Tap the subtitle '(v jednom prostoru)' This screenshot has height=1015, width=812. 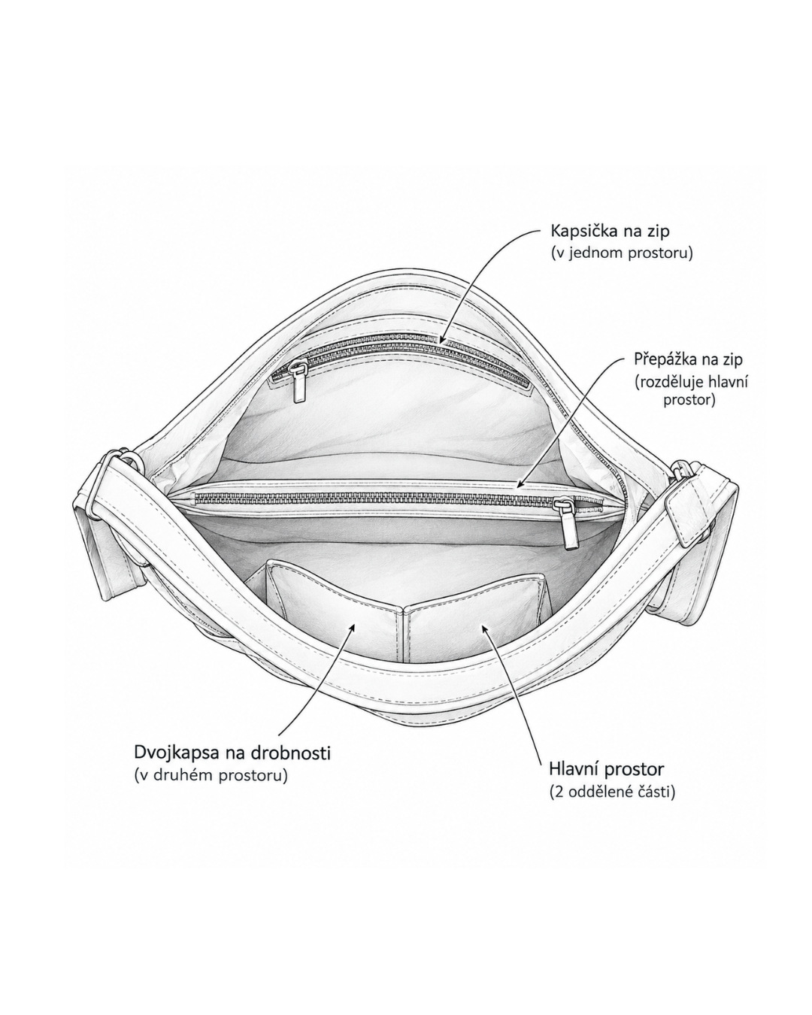tap(622, 253)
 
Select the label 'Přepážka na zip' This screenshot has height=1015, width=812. tap(689, 359)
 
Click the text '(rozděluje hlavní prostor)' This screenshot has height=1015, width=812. tap(691, 390)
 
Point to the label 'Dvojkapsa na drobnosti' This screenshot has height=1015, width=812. tap(232, 753)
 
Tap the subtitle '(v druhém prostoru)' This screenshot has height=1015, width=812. tap(211, 775)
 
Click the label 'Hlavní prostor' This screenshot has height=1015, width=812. tap(606, 769)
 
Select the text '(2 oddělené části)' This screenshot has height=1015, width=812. tap(612, 792)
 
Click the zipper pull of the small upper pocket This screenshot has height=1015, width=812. tap(298, 382)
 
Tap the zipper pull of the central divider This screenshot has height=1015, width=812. tap(569, 523)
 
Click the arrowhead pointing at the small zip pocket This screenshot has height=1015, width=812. tap(442, 339)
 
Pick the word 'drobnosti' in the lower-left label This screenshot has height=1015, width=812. tap(290, 753)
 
